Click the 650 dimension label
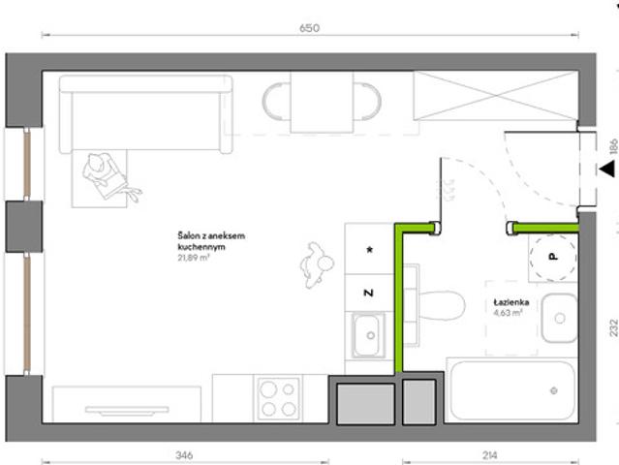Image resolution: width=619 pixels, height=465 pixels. [310, 28]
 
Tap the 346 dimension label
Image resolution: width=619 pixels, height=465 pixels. [184, 455]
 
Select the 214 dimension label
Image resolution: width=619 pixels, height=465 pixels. [489, 455]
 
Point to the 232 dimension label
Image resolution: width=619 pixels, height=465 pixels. [613, 327]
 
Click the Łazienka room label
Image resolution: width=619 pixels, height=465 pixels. [511, 302]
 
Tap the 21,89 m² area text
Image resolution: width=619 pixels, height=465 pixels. [194, 258]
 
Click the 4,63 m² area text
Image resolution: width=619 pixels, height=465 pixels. [508, 313]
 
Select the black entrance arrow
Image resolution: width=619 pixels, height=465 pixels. [607, 169]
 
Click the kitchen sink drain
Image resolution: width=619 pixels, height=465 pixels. [371, 335]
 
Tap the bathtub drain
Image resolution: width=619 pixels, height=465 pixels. [554, 390]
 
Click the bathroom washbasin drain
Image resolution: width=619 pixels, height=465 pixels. [560, 318]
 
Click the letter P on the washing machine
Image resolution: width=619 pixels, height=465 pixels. [553, 257]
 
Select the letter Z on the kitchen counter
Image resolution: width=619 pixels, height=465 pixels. [368, 293]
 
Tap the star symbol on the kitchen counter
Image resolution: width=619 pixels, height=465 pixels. [369, 250]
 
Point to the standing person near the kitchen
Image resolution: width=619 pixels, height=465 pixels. [317, 264]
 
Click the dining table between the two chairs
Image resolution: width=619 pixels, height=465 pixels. [322, 103]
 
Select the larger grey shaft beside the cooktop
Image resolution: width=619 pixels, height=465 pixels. [365, 404]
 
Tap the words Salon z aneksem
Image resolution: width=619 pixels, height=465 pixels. [211, 236]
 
